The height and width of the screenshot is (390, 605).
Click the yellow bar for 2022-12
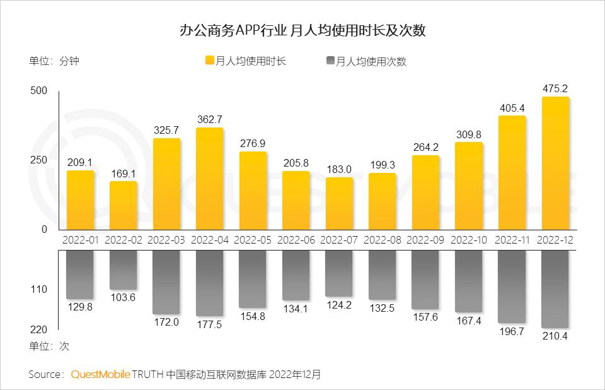point(555,164)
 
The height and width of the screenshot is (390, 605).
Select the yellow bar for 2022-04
point(210,179)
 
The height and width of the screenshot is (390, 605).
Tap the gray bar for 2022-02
point(124,270)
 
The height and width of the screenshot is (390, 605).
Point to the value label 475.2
point(555,88)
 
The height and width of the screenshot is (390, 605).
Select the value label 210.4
point(555,336)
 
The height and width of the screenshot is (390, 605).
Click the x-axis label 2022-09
point(426,240)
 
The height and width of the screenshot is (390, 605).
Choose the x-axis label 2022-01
point(81,240)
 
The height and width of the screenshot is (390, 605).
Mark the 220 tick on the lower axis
point(38,329)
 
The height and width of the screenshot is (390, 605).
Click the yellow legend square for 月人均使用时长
point(210,61)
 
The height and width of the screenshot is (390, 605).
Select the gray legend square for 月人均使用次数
point(331,61)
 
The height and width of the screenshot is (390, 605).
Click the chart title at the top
point(302,30)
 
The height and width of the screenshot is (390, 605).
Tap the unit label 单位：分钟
point(54,61)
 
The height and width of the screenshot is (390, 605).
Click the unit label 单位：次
point(49,346)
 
